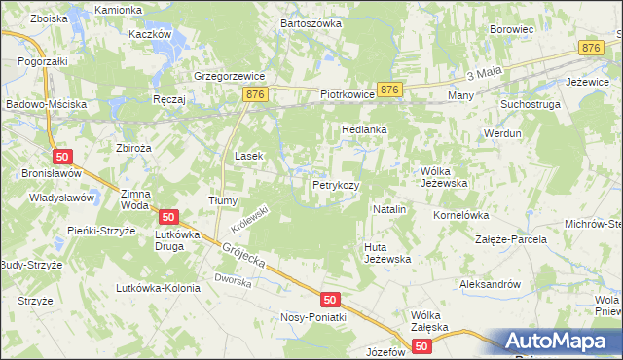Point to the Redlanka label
click(365, 129)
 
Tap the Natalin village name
click(389, 209)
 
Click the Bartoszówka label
click(311, 22)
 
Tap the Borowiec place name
click(513, 30)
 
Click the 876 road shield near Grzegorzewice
click(256, 93)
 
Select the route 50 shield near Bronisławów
click(62, 157)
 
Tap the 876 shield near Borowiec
click(590, 48)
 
